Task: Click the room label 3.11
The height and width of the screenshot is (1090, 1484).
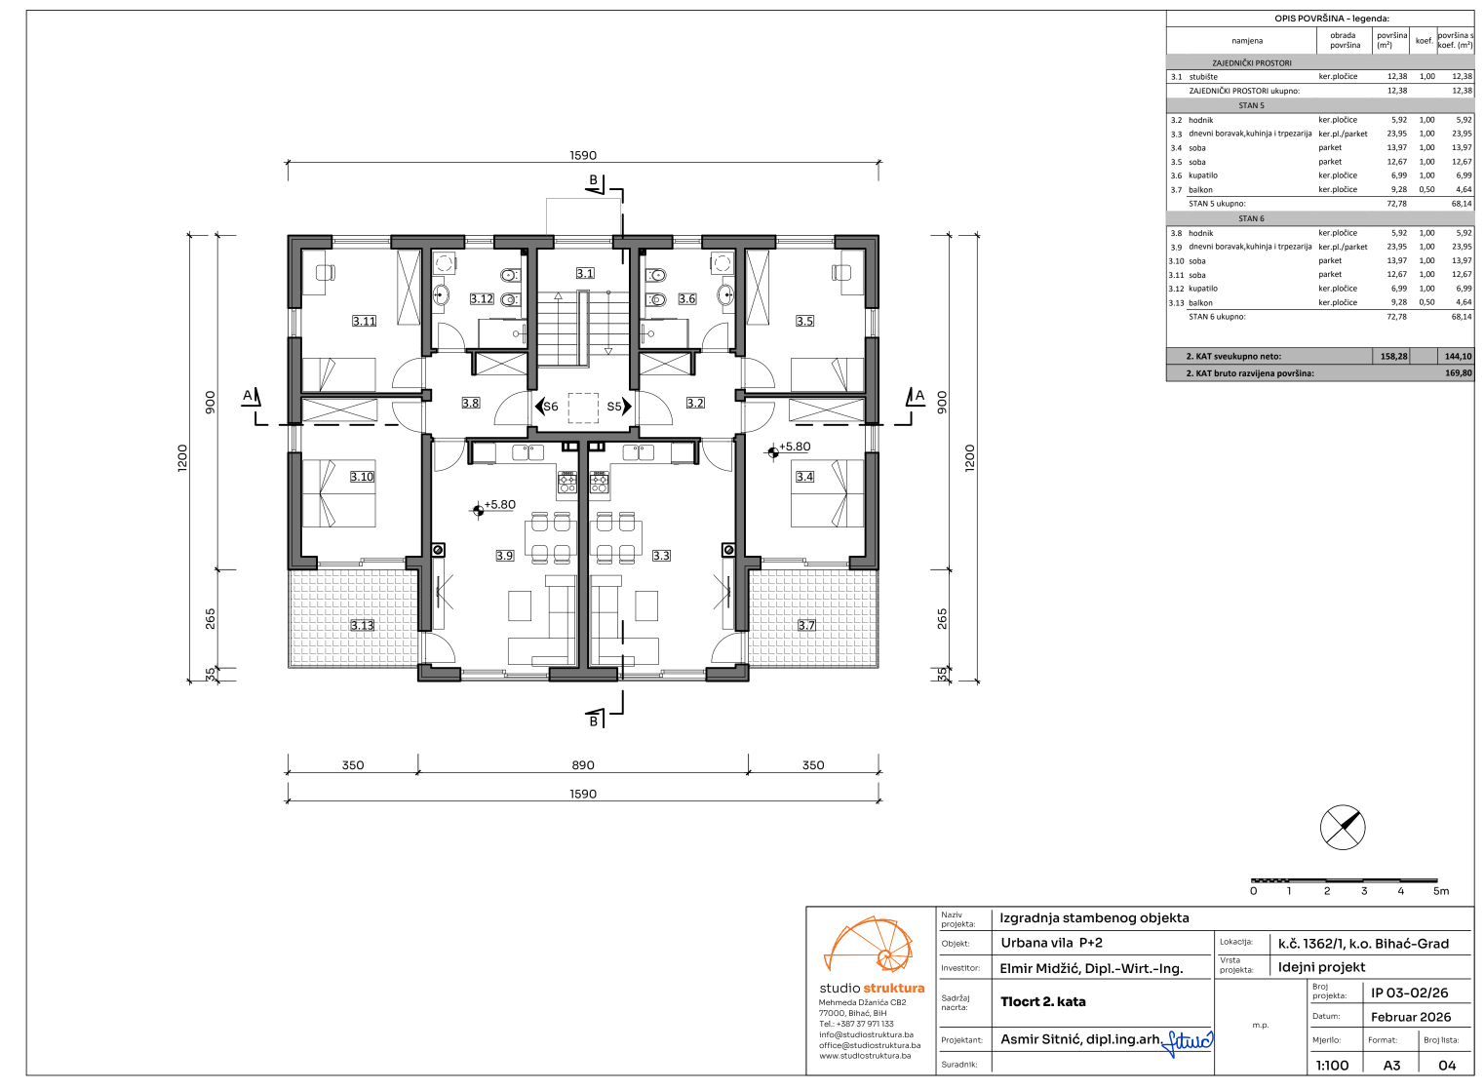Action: pyautogui.click(x=364, y=322)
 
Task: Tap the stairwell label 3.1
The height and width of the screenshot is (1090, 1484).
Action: pyautogui.click(x=585, y=273)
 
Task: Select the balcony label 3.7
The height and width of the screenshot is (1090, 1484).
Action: pyautogui.click(x=806, y=625)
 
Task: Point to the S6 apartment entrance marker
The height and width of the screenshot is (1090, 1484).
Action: pyautogui.click(x=547, y=407)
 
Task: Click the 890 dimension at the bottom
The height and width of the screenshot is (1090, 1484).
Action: pyautogui.click(x=583, y=765)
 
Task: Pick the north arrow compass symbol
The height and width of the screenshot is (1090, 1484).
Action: pyautogui.click(x=1343, y=828)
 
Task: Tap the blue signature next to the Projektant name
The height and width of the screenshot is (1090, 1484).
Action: pyautogui.click(x=1188, y=1042)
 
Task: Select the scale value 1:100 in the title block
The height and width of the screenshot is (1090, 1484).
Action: pyautogui.click(x=1332, y=1066)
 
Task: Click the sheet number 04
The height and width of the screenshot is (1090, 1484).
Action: pyautogui.click(x=1447, y=1066)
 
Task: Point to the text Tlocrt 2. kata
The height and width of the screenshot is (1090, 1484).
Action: pyautogui.click(x=1042, y=1001)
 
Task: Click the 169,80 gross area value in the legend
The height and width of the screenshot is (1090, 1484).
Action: pyautogui.click(x=1459, y=373)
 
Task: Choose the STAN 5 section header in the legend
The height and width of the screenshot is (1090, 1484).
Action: pyautogui.click(x=1252, y=105)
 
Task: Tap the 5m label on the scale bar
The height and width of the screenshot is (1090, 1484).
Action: pyautogui.click(x=1441, y=891)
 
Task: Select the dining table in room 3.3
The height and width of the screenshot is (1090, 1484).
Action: pyautogui.click(x=615, y=537)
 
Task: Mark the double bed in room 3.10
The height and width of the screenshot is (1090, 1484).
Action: pyautogui.click(x=338, y=493)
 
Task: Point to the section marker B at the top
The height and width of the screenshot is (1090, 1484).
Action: pyautogui.click(x=594, y=180)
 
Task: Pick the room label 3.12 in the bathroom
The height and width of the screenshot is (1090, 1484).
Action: pyautogui.click(x=482, y=299)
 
